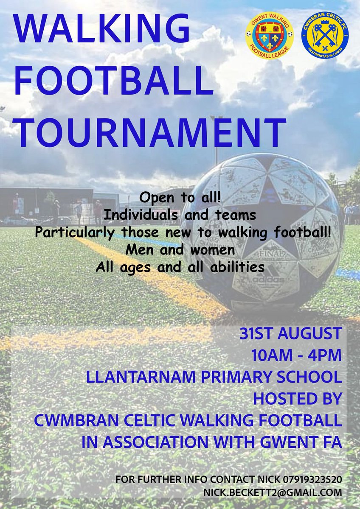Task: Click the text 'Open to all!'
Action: pos(180,198)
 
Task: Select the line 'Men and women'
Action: pos(180,250)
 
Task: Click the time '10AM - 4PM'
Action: pos(303,355)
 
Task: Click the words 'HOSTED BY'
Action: pos(297,399)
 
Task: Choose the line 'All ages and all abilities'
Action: pos(180,268)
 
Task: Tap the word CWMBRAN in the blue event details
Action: pos(73,420)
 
